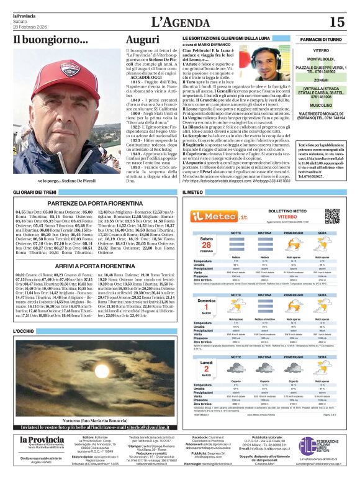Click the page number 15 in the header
tap(336, 22)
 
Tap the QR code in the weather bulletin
tap(332, 216)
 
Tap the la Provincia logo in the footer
tap(41, 458)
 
